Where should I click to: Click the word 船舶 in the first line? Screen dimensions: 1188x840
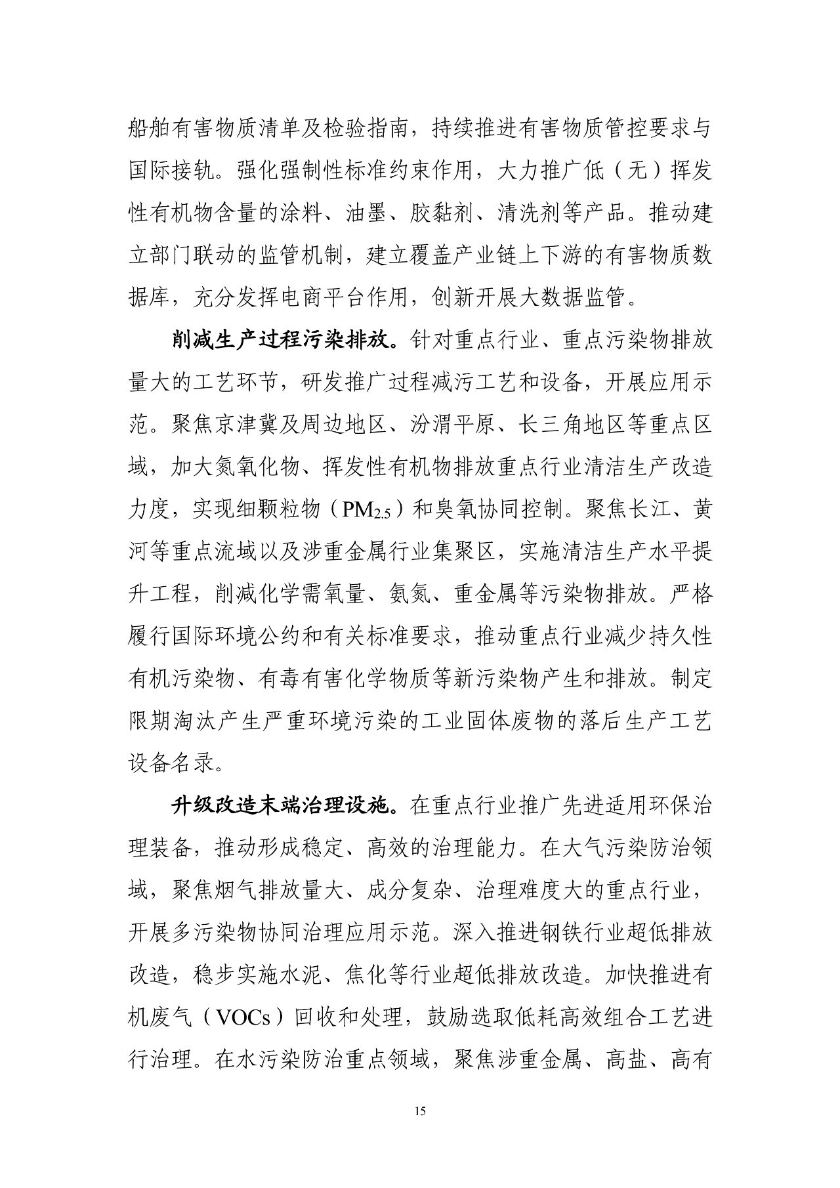coord(150,129)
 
